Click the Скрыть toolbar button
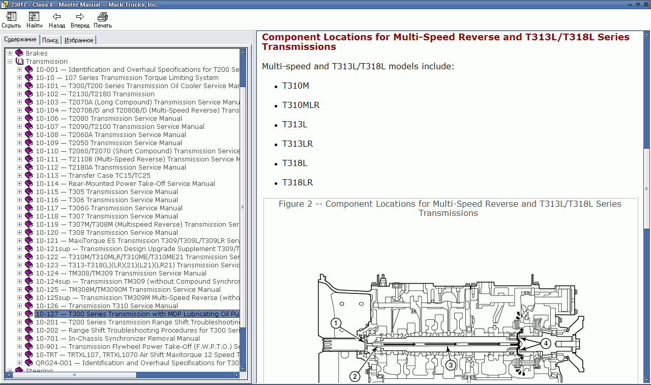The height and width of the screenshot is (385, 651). [11, 20]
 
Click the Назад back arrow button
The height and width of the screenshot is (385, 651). [57, 20]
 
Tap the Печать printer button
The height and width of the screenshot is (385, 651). [103, 20]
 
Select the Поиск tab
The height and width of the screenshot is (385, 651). [50, 40]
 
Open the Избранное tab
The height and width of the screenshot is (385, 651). [79, 40]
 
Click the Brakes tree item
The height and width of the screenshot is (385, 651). [37, 53]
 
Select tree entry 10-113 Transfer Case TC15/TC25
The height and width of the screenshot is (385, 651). [93, 175]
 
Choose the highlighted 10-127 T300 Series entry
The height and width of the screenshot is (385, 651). [136, 314]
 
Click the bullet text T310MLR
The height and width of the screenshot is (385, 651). [301, 105]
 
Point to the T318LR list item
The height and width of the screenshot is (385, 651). [298, 182]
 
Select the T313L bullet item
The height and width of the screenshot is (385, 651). [294, 124]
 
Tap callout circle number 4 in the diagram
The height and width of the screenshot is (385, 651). [545, 343]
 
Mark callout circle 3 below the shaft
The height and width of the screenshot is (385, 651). [450, 364]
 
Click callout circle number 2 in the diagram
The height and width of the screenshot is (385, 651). [355, 376]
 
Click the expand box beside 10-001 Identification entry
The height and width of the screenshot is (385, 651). [20, 69]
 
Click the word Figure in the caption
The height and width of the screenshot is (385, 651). [291, 204]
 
